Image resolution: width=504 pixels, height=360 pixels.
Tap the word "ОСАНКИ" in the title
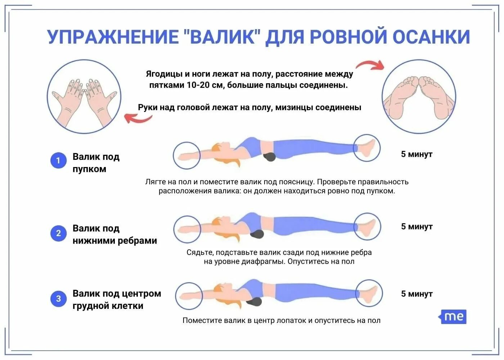[x=431, y=37]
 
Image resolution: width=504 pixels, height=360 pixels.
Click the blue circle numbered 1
[x=58, y=161]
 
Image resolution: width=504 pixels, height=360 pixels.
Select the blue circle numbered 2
[x=58, y=233]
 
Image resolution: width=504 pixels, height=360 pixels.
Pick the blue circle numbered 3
[x=58, y=299]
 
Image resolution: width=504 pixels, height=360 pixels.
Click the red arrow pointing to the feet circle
[x=370, y=65]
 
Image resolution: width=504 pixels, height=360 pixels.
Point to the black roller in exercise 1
[x=269, y=157]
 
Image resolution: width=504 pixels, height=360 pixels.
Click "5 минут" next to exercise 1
[x=417, y=154]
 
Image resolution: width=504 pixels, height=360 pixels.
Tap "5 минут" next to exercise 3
[x=417, y=294]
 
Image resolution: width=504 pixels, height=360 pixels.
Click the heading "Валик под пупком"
[x=96, y=163]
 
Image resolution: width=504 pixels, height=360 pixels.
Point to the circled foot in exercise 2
[x=367, y=226]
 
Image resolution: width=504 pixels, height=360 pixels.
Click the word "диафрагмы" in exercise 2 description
[x=267, y=262]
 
